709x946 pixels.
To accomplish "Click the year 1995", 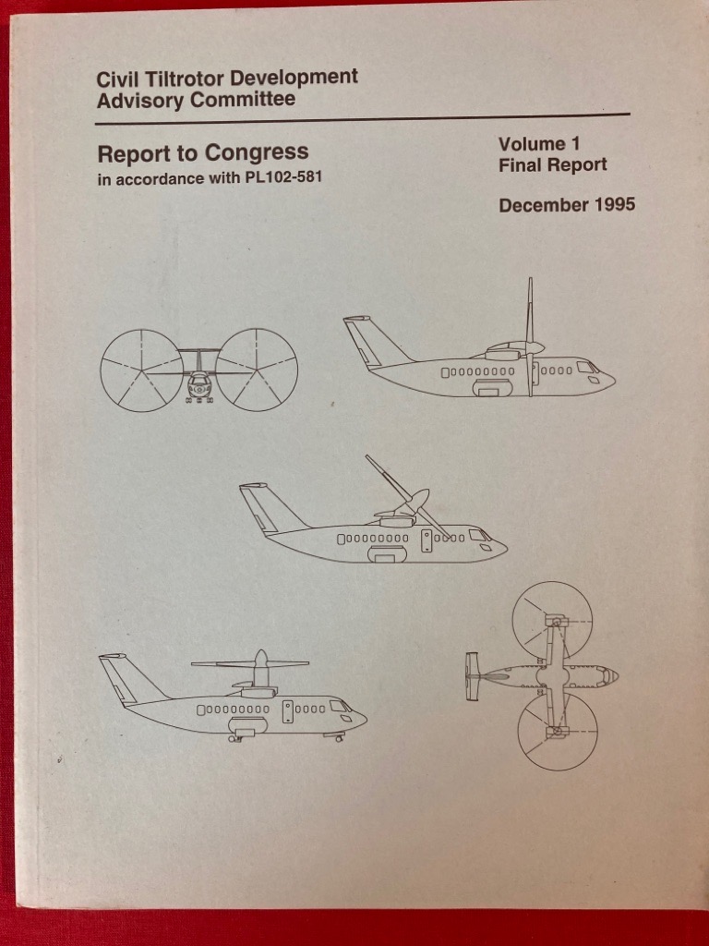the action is [614, 204].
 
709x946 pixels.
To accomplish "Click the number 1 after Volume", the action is [574, 143].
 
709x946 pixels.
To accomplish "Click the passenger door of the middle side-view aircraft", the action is [427, 540].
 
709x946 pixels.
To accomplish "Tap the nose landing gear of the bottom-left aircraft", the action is [333, 735].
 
